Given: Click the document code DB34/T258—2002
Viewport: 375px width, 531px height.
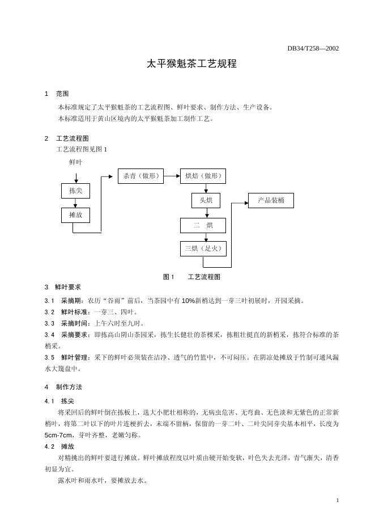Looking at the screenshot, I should (x=313, y=48).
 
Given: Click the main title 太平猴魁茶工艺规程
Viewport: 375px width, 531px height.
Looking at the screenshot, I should (x=191, y=64).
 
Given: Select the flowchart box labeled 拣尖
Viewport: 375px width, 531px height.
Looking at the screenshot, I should (x=76, y=191).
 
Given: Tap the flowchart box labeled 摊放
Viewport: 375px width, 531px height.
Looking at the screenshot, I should (x=76, y=215).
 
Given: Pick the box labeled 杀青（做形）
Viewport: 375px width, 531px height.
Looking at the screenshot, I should (x=140, y=176).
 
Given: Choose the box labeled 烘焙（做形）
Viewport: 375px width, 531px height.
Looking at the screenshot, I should (x=203, y=176).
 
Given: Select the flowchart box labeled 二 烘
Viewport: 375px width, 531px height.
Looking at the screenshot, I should (x=203, y=225).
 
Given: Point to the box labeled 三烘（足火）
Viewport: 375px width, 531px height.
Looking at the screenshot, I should (x=203, y=248).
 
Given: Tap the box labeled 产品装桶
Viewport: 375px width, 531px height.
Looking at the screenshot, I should (x=271, y=200).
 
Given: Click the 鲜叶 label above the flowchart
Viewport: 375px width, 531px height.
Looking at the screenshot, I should (x=76, y=162).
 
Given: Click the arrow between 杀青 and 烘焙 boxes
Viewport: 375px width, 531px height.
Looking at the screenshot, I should (x=172, y=176).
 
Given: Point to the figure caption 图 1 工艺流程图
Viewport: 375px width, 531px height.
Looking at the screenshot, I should (x=191, y=277).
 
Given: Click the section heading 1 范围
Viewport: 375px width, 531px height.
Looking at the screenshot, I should (x=57, y=94).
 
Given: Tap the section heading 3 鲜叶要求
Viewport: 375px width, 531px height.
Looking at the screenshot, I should (x=63, y=287).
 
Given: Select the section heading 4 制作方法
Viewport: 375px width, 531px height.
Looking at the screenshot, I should (x=63, y=387).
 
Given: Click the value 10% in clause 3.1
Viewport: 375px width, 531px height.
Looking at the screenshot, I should (x=189, y=301).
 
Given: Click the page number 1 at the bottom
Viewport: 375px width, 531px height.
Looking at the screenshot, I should (x=337, y=500).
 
